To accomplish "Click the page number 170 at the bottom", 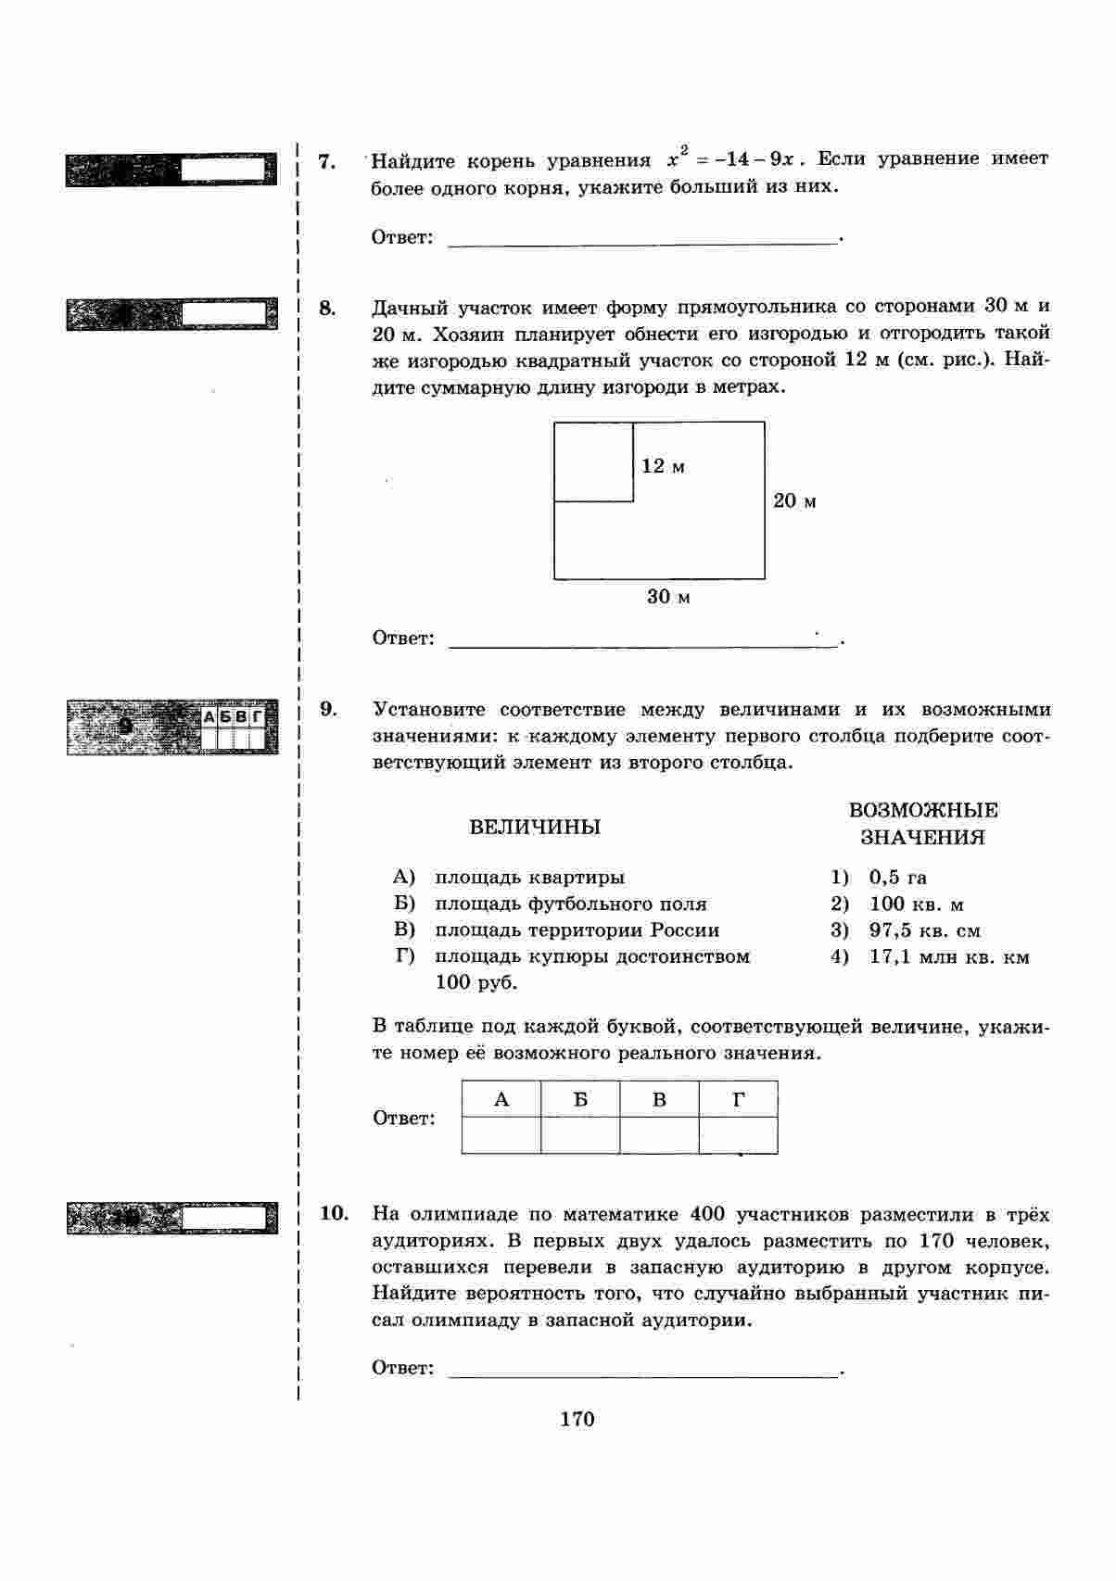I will tap(577, 1419).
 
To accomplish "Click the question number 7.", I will tap(325, 161).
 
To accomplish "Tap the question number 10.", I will tap(334, 1214).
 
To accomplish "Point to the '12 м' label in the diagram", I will tap(664, 466).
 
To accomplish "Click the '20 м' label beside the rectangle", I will tap(795, 501).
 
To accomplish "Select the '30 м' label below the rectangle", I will tap(668, 597).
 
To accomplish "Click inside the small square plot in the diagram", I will tap(593, 462).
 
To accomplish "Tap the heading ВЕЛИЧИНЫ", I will tap(535, 827).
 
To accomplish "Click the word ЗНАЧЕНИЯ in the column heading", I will tap(922, 838).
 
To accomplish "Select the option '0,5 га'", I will tap(897, 878).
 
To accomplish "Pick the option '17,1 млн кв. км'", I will tap(948, 957).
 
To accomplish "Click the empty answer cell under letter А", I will tap(501, 1135).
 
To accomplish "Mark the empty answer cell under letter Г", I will tap(738, 1135).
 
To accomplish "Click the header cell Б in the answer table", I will tap(580, 1100).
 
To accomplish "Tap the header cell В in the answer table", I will tap(659, 1100).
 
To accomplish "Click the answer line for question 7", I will tap(642, 239).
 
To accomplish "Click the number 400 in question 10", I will tap(711, 1214).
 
